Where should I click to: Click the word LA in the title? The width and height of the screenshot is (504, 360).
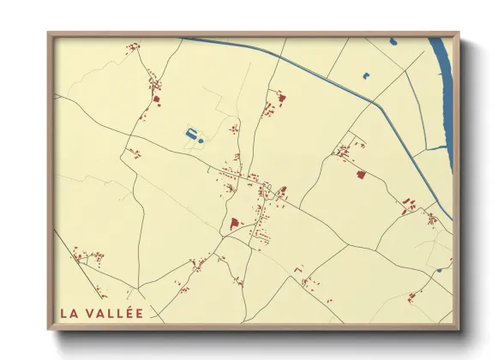click(70, 313)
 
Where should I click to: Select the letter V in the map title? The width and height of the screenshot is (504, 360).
click(93, 313)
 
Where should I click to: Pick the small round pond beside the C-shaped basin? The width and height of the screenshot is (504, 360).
click(201, 139)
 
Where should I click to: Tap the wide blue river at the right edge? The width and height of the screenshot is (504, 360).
click(442, 94)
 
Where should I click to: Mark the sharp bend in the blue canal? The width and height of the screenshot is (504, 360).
click(375, 104)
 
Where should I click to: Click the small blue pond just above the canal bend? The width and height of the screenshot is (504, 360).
click(366, 75)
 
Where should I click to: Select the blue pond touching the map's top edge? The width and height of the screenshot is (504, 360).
click(393, 40)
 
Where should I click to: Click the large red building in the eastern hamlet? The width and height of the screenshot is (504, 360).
click(361, 175)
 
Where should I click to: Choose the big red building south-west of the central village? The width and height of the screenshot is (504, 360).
click(233, 224)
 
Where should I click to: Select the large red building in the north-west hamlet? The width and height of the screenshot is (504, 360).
click(157, 99)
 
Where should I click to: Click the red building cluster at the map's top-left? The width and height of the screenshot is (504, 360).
click(133, 48)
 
